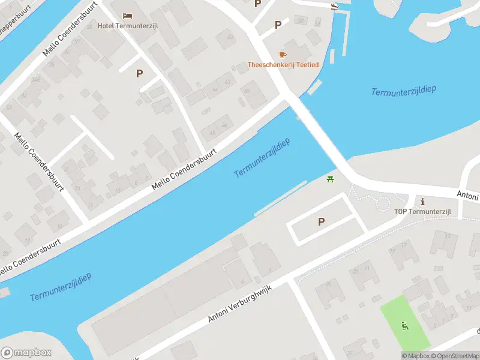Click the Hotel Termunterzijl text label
coord(128,26)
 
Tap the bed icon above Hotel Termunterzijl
coord(127,16)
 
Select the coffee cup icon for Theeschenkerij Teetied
coord(283,55)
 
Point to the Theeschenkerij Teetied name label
coord(283,64)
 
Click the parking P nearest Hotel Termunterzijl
coord(139,73)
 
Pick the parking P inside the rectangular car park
coord(321,221)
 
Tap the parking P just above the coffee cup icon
coord(278,25)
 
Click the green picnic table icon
coord(329,179)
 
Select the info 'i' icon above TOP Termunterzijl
coord(422,201)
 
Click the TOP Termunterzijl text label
coord(422,212)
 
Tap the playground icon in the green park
coord(405,326)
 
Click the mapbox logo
coord(26,353)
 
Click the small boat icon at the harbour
coord(334,7)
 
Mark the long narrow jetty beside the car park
coord(281,199)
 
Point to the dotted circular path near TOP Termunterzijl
coord(383,203)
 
